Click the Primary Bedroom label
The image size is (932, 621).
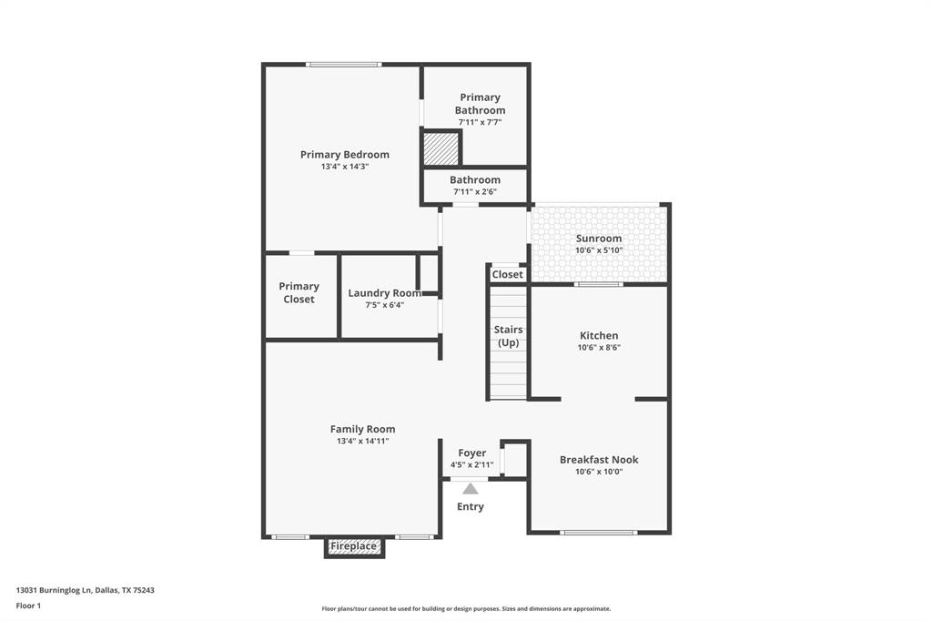pos(344,155)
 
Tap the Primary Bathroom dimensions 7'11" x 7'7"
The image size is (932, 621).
pos(480,122)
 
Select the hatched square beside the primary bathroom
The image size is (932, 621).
pos(441,149)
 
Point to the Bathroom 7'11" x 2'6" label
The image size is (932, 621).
pos(474,180)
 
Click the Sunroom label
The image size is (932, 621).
pos(598,239)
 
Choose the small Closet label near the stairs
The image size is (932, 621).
pos(507,274)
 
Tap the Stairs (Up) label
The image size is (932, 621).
pos(508,336)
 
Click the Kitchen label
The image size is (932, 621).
pos(598,336)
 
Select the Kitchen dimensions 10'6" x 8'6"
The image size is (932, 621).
pos(598,348)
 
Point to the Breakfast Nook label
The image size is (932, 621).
pos(598,460)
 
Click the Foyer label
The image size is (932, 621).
pos(471,453)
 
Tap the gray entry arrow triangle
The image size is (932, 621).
pos(470,489)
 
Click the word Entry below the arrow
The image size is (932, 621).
pos(470,506)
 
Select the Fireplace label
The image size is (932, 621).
pos(353,546)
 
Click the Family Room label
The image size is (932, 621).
pos(362,429)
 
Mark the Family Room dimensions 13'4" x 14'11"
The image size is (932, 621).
pos(362,441)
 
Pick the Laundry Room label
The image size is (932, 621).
pos(384,293)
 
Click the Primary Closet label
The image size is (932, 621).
pos(299,292)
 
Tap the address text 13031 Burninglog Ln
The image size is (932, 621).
pos(55,590)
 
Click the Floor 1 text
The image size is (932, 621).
pos(28,606)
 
